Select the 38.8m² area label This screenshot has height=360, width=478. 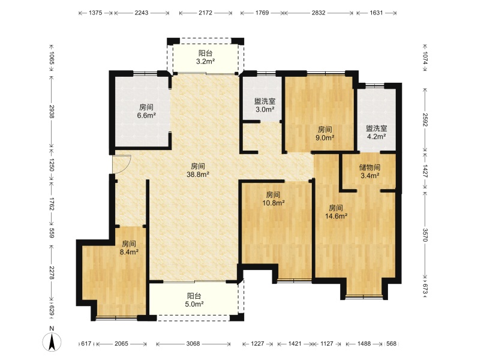[198, 170]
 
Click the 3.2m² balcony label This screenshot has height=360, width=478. [206, 58]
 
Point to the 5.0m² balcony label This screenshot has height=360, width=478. [194, 300]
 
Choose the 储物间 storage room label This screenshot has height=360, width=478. [369, 167]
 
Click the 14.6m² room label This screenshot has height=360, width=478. [336, 212]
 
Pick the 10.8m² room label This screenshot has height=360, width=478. [273, 199]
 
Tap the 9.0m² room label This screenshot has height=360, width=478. [325, 134]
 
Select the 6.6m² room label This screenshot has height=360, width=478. [146, 112]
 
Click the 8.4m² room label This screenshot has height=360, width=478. [129, 248]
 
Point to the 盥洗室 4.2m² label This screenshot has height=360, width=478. [377, 133]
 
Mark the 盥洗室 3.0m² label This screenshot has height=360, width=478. [265, 105]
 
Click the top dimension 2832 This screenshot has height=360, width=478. [318, 13]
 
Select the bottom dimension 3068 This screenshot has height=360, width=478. [193, 344]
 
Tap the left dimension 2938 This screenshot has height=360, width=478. [52, 112]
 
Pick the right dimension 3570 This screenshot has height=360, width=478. [425, 235]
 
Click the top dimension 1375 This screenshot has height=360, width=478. [95, 13]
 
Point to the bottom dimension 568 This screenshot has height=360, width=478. [392, 344]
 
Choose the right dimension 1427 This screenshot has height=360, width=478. [425, 171]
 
